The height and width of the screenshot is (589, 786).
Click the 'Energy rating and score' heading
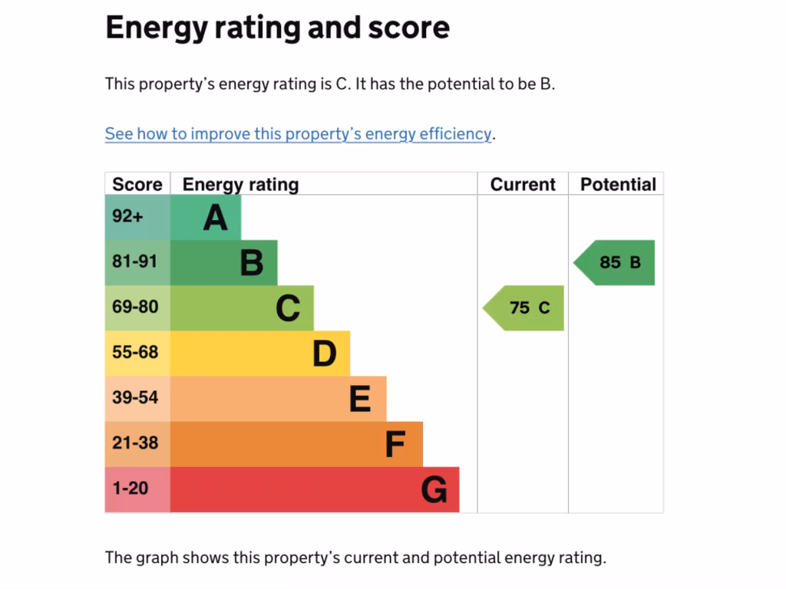tap(277, 28)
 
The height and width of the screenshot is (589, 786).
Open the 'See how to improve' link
tap(298, 134)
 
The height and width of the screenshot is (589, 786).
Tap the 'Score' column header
tap(137, 185)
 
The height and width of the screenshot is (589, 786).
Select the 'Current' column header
tap(523, 185)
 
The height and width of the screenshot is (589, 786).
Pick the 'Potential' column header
tap(618, 185)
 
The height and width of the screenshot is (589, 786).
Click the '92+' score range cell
tap(127, 217)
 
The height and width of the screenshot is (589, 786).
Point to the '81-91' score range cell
tap(135, 262)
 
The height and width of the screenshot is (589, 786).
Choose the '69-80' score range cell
tap(135, 308)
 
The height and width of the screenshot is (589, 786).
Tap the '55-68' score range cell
tap(135, 353)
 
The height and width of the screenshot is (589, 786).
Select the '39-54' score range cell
tap(135, 398)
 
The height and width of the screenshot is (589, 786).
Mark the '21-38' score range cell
tap(135, 443)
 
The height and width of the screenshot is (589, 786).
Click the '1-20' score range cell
tap(130, 489)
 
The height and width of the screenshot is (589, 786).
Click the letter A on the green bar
tap(216, 218)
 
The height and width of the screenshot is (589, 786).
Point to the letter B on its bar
tap(252, 263)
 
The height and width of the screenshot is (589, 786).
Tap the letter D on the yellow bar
tap(325, 354)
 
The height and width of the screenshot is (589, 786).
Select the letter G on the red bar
tap(434, 490)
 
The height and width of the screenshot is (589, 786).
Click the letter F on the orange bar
tap(395, 445)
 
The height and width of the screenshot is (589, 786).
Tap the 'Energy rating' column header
tap(240, 185)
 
